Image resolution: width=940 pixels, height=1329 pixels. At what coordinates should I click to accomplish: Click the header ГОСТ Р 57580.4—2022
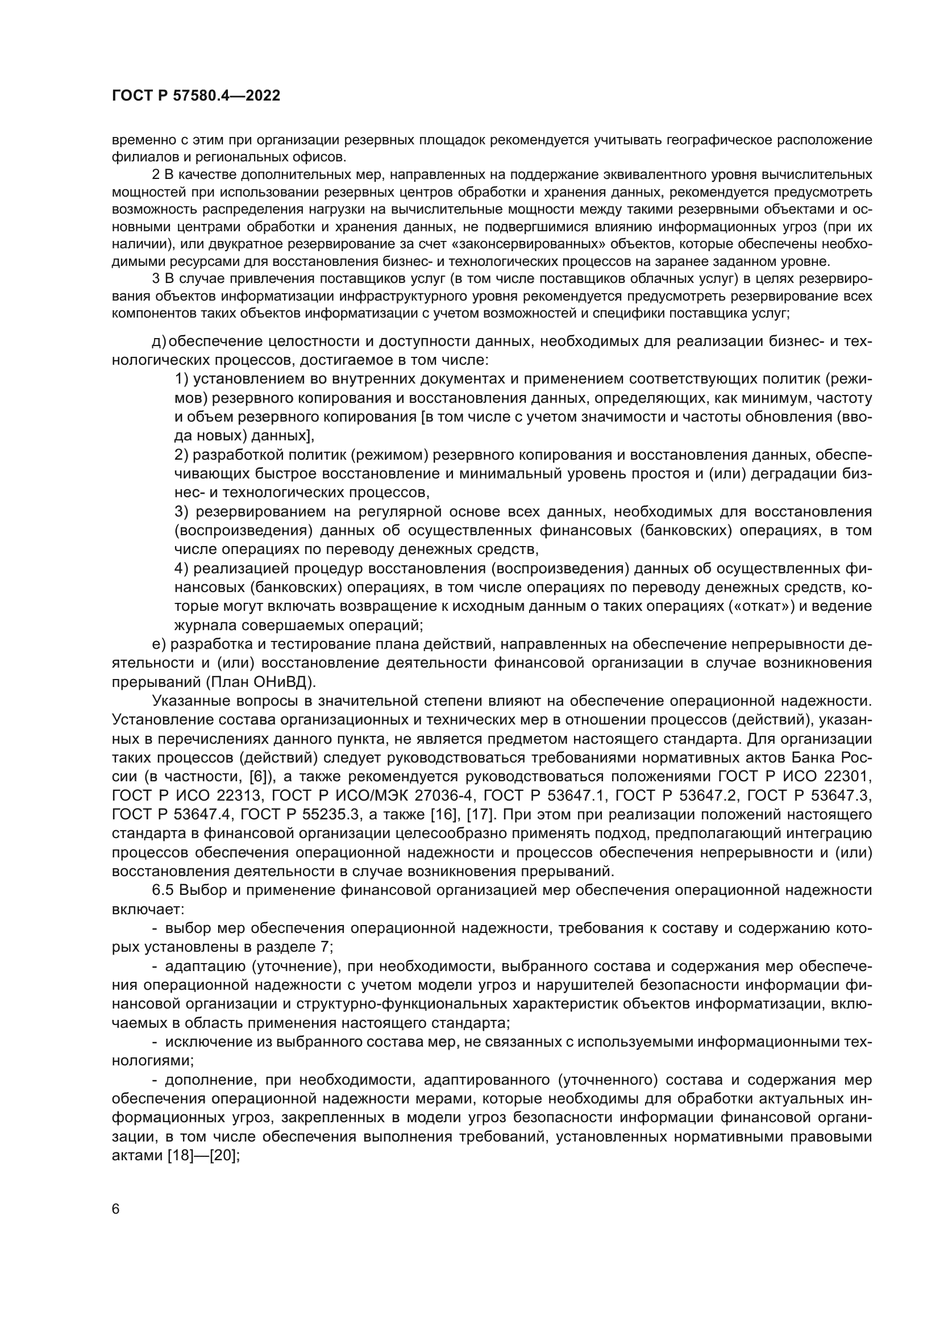coord(196,96)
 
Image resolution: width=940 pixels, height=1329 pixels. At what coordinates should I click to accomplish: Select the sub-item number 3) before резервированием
coord(182,512)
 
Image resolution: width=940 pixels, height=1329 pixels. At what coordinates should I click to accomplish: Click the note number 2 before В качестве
coord(155,175)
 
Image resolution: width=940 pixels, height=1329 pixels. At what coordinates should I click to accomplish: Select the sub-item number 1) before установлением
coord(182,379)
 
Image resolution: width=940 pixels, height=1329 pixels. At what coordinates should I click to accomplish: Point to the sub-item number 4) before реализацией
coord(182,568)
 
